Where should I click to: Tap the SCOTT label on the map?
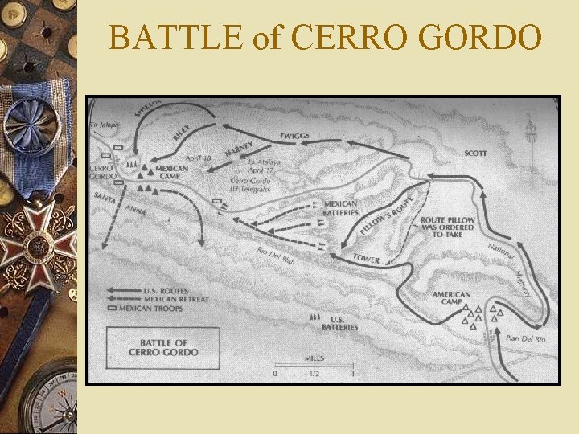[474, 153]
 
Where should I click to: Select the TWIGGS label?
[295, 135]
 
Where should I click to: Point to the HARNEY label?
[239, 149]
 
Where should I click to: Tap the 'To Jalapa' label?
[103, 125]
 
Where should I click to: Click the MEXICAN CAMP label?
[172, 172]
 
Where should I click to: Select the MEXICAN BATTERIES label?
[340, 208]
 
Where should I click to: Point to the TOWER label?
[366, 259]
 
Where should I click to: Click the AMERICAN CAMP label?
[451, 298]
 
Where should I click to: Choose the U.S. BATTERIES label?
[334, 324]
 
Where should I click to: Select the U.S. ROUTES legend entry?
[164, 290]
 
